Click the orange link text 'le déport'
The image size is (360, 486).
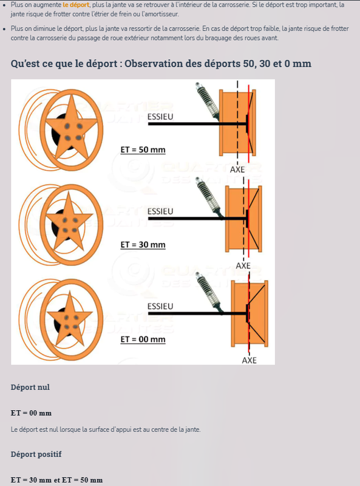(x=76, y=5)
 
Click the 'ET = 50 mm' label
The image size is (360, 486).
(x=143, y=149)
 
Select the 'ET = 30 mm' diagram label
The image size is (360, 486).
(x=143, y=245)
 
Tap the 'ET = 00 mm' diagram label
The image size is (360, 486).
(x=143, y=340)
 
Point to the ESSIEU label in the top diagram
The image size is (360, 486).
(x=160, y=117)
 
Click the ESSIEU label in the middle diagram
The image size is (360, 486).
(x=160, y=211)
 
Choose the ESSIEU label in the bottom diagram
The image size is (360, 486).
(x=160, y=306)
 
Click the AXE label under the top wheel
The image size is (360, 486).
(x=237, y=169)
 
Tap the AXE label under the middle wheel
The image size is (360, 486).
(x=243, y=265)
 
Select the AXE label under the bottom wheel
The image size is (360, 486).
(x=250, y=360)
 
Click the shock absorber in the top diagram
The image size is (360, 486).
(x=207, y=101)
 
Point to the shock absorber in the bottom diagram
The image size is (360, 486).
(x=209, y=293)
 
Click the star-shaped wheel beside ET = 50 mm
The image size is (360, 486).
(x=71, y=130)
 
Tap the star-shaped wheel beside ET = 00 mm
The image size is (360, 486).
(x=70, y=320)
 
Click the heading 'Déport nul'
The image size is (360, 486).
(x=30, y=387)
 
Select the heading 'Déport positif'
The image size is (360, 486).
(x=36, y=454)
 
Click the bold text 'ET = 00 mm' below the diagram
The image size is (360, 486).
(x=31, y=413)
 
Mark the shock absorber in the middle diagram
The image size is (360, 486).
(x=209, y=199)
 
